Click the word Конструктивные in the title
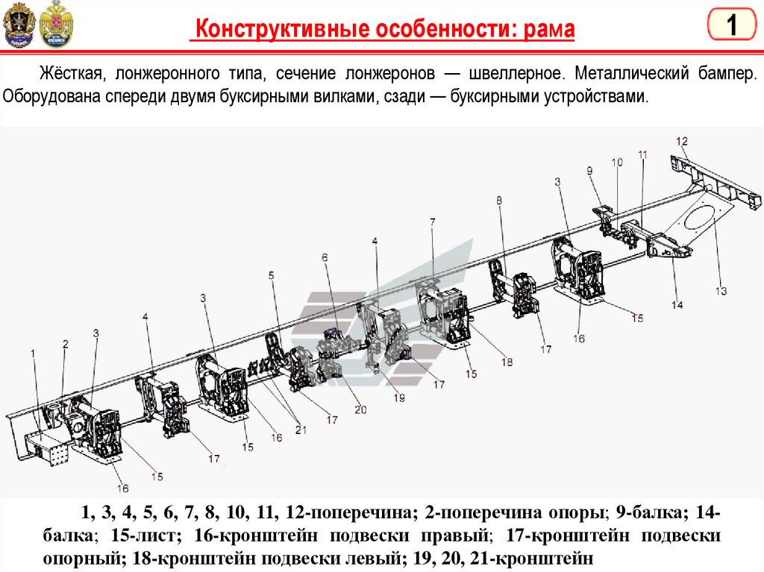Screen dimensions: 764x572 pos(277,30)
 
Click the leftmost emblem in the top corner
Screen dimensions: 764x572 pos(16,24)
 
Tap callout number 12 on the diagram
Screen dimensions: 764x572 pos(681,141)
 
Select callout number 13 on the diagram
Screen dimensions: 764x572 pos(720,291)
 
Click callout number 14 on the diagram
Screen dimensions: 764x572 pos(676,304)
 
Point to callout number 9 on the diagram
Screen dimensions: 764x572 pos(589,171)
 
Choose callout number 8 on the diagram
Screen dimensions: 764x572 pos(498,199)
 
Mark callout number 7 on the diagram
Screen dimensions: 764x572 pos(432,222)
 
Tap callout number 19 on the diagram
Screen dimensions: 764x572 pos(399,398)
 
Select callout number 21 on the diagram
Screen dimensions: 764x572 pos(301,429)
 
